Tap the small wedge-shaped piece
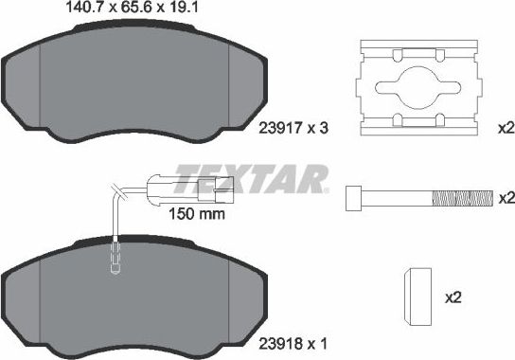417,296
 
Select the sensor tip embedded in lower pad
114,255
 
